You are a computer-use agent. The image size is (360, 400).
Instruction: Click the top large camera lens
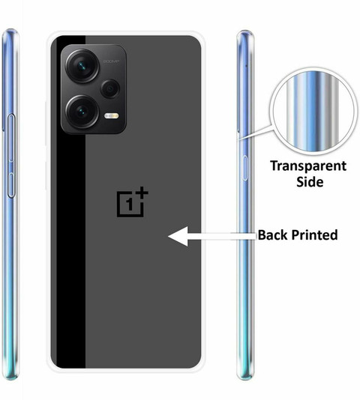tap(82, 66)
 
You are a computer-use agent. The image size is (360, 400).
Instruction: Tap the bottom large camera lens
tap(82, 112)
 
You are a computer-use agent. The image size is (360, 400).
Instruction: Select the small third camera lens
tap(110, 88)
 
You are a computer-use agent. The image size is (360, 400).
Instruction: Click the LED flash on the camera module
tap(112, 116)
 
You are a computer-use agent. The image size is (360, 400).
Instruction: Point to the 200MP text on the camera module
tap(111, 61)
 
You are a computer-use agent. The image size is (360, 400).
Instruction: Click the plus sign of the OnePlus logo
tap(142, 193)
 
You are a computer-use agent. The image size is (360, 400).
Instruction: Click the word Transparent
tap(308, 167)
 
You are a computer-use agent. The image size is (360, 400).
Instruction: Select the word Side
tap(310, 182)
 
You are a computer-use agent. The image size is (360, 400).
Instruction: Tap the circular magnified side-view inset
tap(313, 112)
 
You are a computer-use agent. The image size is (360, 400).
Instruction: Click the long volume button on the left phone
tap(11, 139)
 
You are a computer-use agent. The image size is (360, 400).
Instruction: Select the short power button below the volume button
tap(11, 185)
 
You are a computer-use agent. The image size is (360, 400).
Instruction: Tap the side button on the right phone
tap(245, 168)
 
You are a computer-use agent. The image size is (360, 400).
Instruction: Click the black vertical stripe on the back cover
tap(70, 201)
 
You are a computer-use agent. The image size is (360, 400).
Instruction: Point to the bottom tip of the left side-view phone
tap(11, 379)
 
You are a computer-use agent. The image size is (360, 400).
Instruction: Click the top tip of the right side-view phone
tap(245, 31)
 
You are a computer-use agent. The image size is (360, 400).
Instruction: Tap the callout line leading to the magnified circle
tap(256, 133)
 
